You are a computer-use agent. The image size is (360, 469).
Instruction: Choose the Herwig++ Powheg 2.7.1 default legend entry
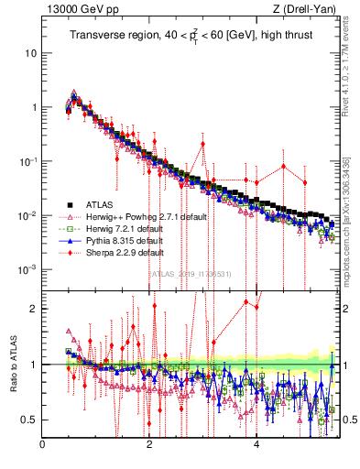coord(138,216)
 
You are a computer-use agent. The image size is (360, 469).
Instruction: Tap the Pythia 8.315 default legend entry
coord(120,240)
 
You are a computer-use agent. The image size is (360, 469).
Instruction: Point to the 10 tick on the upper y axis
coord(30,53)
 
